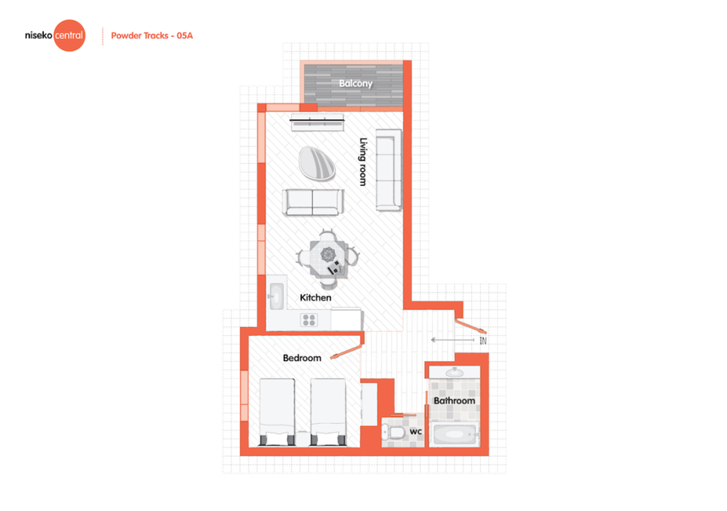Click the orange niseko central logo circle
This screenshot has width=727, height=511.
coord(69,35)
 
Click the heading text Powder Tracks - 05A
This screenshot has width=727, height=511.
coord(152,36)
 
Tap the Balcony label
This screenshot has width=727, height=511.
coord(356,83)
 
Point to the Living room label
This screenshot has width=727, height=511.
coord(363,162)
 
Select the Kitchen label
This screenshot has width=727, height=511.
coord(315,298)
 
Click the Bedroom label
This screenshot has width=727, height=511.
coord(302,358)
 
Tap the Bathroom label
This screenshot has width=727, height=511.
coord(454,401)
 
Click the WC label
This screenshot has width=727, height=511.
coord(416,431)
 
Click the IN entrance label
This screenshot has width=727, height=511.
coord(483,341)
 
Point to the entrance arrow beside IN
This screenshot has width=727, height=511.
coord(452,340)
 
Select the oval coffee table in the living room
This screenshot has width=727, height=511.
coord(317,163)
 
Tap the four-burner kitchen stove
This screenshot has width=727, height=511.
coord(309,320)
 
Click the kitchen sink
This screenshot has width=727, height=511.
coord(276,296)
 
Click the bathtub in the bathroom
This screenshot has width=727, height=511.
coord(454,434)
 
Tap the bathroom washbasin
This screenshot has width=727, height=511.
coord(454,373)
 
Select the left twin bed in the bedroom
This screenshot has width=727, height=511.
coord(277,412)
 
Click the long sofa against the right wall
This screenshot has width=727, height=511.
coord(389,170)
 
